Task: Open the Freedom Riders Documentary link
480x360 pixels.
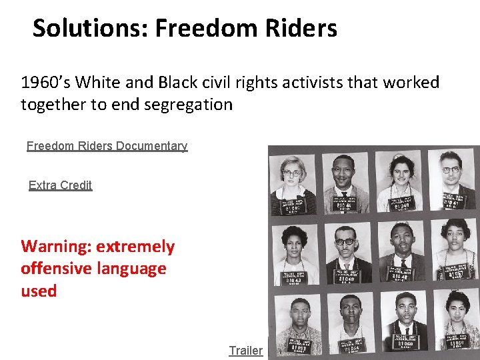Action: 107,146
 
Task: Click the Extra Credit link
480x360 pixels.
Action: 60,185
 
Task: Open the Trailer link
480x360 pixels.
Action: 245,351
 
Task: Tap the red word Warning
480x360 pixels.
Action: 56,247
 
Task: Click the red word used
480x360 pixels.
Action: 39,291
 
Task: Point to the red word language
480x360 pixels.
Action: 133,269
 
